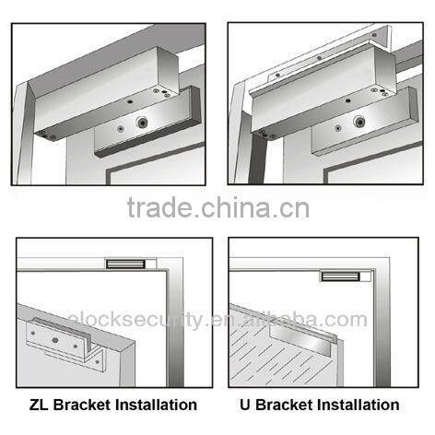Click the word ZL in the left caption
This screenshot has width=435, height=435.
37,405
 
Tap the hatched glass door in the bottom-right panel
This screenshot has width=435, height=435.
276,355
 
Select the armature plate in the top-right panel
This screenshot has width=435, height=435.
369,129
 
